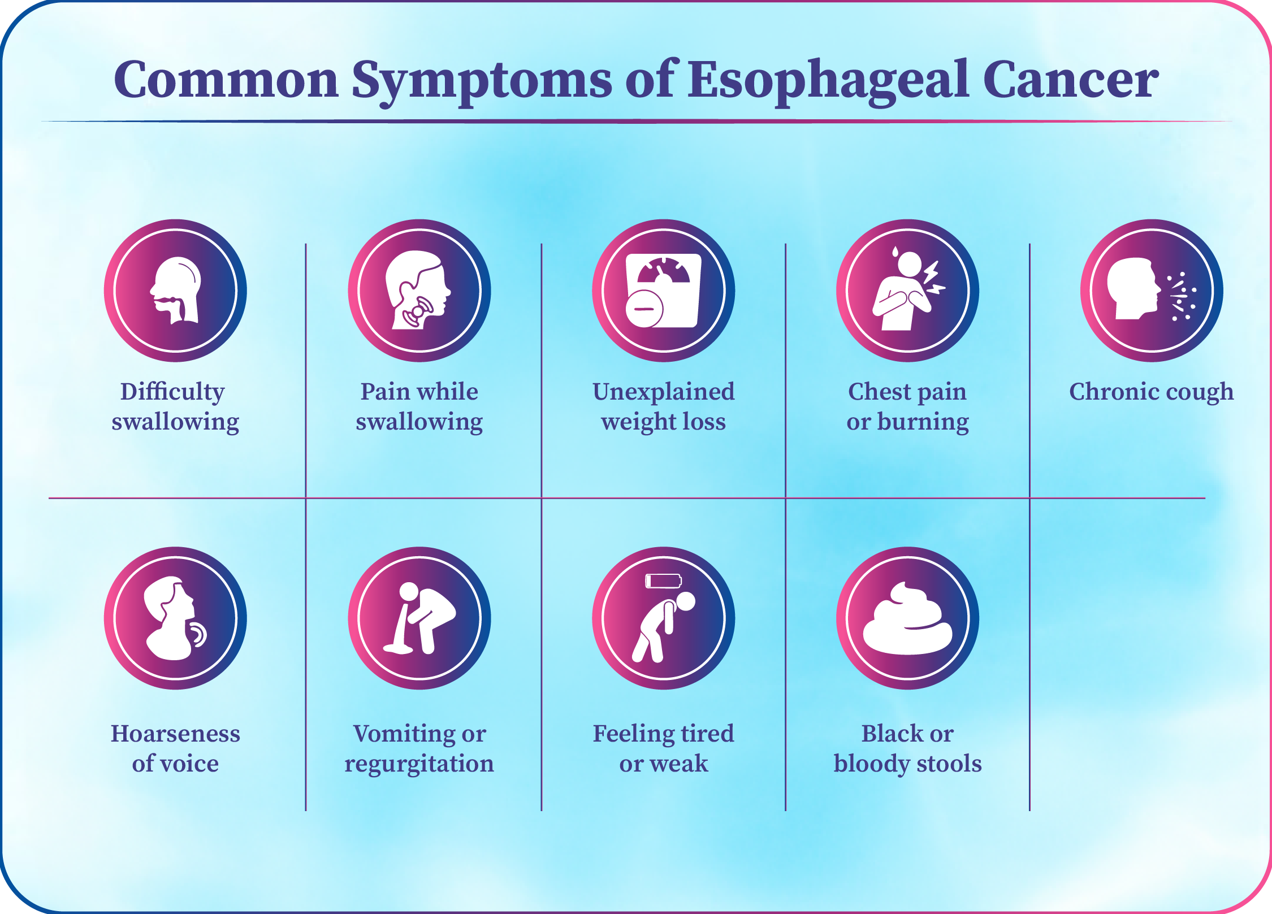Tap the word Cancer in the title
click(1071, 79)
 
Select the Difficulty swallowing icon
click(175, 291)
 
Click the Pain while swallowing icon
click(419, 291)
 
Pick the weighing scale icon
click(664, 291)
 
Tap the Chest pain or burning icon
click(908, 291)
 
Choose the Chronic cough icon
click(1152, 291)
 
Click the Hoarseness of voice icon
click(175, 618)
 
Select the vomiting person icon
click(419, 618)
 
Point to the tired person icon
click(664, 618)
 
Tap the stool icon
click(908, 618)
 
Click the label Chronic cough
click(1152, 392)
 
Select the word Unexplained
click(664, 392)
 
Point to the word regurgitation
click(419, 764)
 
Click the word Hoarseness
click(175, 733)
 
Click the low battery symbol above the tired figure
click(664, 581)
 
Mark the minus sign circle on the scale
click(644, 309)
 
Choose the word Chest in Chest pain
click(880, 392)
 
